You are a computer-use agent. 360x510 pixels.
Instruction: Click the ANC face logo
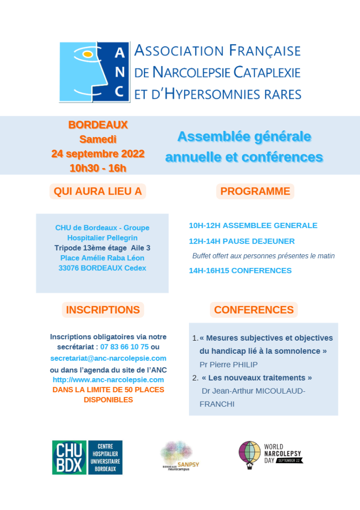pos(93,72)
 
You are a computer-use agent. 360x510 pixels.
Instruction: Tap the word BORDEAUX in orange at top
pos(98,125)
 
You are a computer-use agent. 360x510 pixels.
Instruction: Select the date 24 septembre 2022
pos(98,154)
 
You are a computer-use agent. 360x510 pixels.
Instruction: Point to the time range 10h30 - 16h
pos(98,168)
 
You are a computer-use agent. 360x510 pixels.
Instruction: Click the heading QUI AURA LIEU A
pos(98,191)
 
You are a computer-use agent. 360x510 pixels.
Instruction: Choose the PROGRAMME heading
pos(255,191)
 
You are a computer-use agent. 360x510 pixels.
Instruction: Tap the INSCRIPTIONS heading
pos(103,310)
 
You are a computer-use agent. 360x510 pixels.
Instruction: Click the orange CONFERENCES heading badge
pos(254,310)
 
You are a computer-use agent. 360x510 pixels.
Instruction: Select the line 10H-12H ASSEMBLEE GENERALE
pos(253,226)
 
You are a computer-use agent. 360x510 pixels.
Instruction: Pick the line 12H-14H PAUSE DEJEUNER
pos(242,241)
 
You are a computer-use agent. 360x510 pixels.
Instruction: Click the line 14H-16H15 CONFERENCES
pos(240,271)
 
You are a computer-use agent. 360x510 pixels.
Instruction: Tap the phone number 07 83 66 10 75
pos(125,347)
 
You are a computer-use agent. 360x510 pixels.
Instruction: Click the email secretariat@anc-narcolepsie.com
pos(108,358)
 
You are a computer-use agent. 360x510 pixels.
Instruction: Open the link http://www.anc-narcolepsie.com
pos(108,380)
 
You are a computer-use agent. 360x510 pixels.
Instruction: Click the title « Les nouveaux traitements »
pos(257,378)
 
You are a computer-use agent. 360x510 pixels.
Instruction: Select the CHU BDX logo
pos(87,457)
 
